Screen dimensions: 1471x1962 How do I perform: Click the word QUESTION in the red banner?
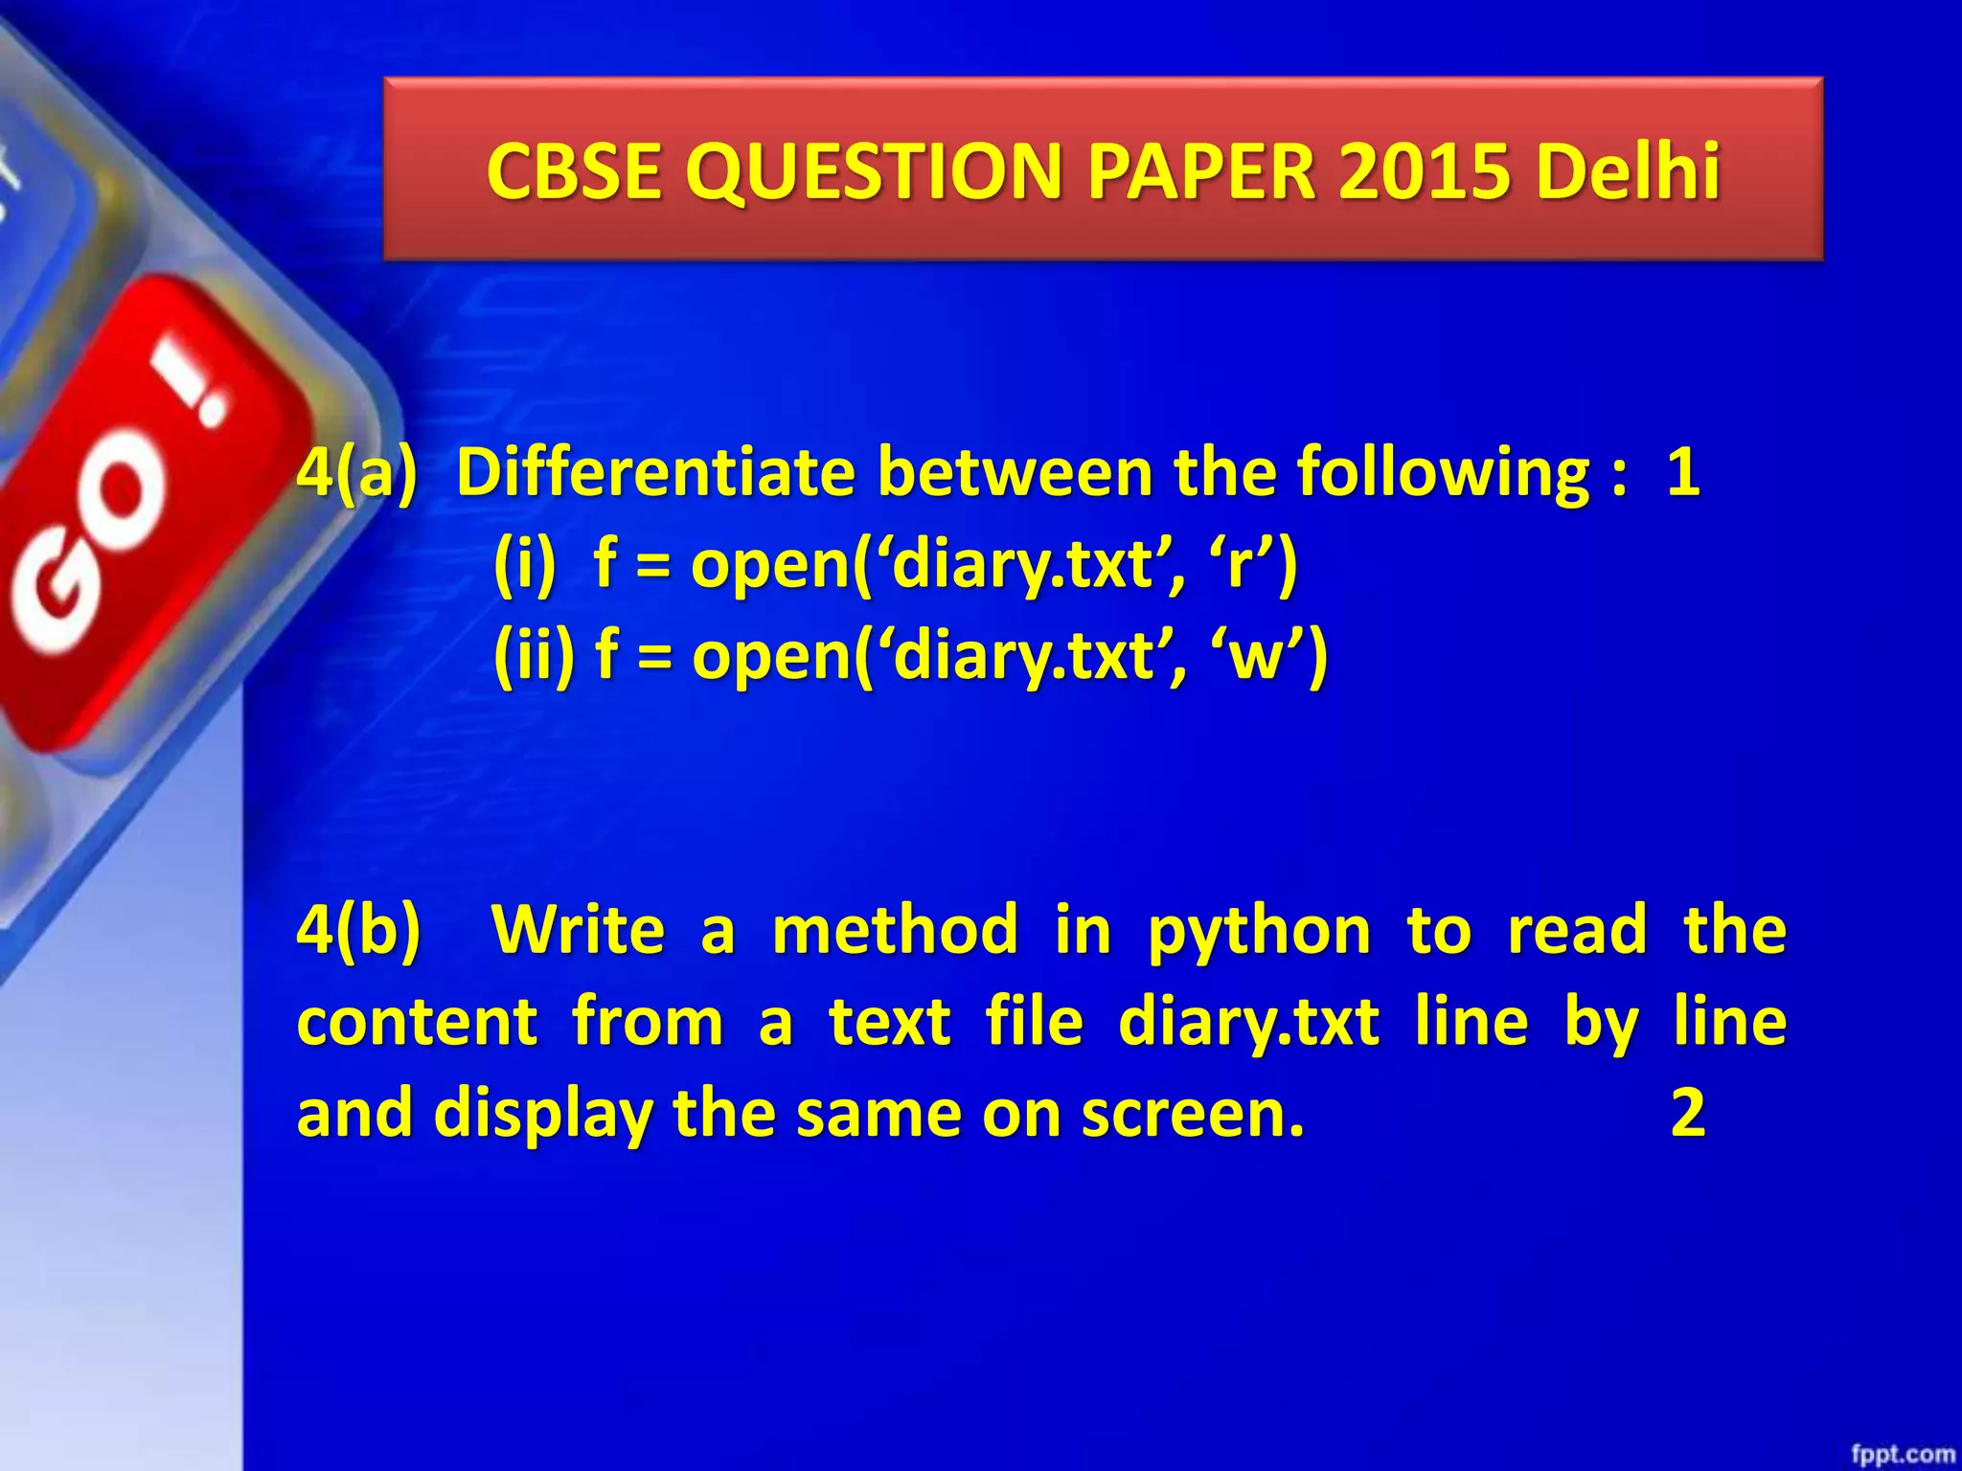873,172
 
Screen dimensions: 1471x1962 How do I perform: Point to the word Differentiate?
655,472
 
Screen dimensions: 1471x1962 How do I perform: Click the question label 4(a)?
357,472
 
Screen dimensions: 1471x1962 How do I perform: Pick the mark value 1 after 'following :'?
1683,472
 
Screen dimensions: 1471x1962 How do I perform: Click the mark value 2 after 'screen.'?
1688,1113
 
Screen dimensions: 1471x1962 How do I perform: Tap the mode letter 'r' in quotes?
1240,564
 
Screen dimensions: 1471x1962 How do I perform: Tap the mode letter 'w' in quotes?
1255,656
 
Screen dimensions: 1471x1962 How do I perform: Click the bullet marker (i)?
525,564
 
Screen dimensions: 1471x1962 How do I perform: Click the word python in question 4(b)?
1259,932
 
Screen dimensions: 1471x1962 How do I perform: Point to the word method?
895,930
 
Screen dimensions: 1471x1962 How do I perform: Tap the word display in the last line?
544,1115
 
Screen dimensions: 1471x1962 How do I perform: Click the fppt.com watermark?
1903,1455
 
